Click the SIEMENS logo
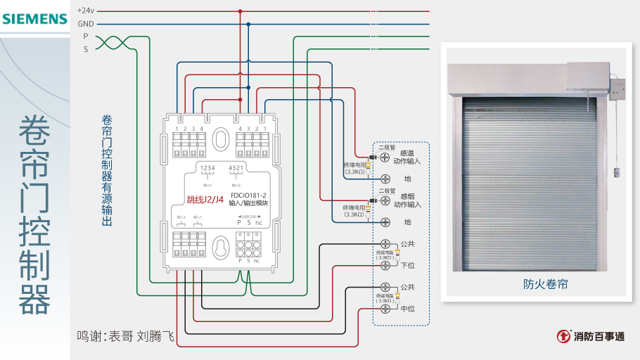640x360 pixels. coord(34,19)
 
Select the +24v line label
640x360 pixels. coord(86,11)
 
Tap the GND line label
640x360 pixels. coord(86,24)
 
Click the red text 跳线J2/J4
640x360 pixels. coord(205,200)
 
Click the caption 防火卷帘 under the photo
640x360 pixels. coord(545,284)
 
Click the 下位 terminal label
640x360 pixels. coord(407,265)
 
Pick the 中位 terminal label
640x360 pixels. coord(407,308)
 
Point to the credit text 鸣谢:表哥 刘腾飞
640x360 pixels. coord(125,337)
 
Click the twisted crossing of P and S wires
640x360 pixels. coord(111,43)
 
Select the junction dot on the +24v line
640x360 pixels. coord(240,11)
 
